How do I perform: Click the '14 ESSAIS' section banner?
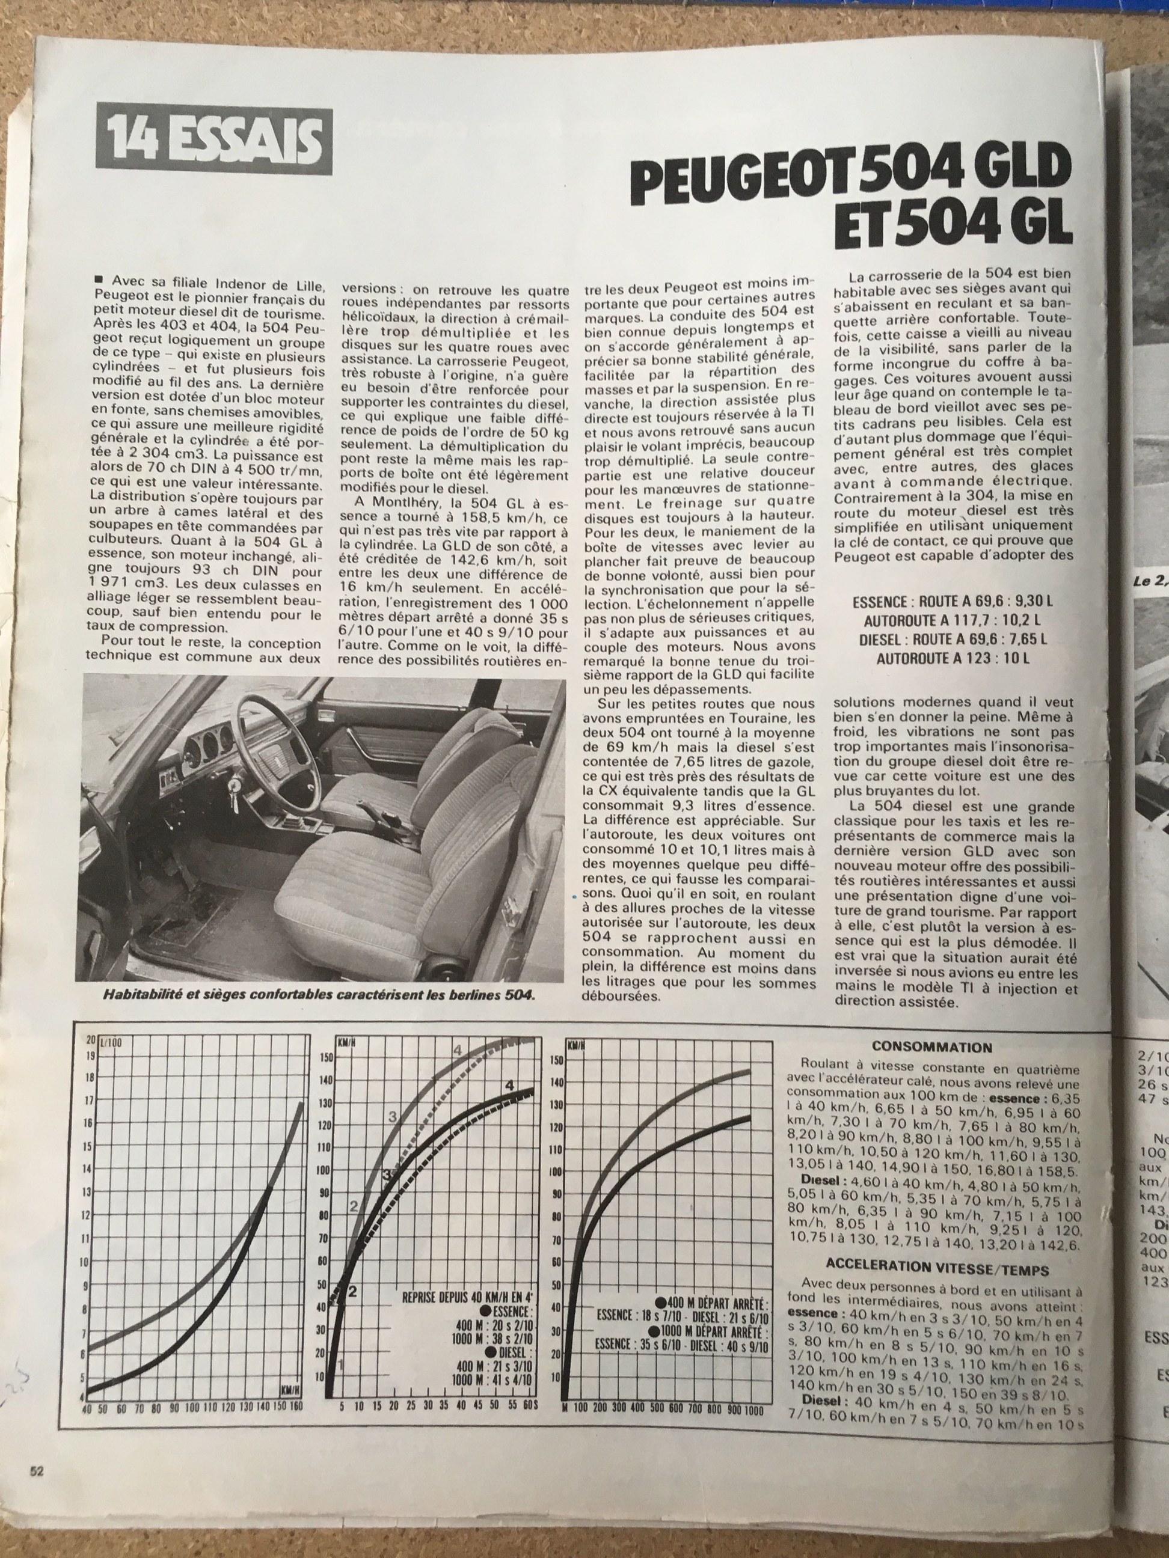click(x=214, y=139)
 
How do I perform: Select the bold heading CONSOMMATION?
click(x=931, y=1047)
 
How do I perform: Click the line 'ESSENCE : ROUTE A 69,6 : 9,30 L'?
click(x=953, y=602)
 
